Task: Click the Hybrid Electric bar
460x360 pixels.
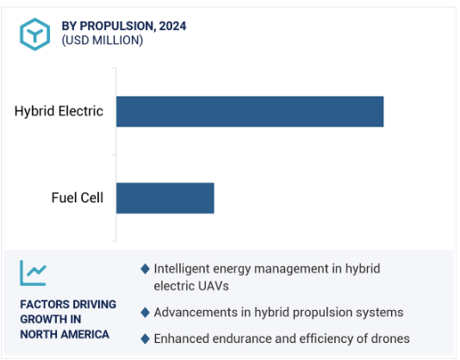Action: [x=250, y=111]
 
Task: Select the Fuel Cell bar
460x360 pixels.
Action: [x=165, y=198]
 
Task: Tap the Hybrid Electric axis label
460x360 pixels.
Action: [x=59, y=111]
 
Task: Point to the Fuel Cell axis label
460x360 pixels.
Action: [x=78, y=197]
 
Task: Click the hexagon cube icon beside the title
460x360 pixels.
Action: [x=35, y=34]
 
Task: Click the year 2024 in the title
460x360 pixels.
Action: [x=172, y=26]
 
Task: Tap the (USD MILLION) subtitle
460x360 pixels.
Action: [x=103, y=40]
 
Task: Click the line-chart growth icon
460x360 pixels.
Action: [x=33, y=273]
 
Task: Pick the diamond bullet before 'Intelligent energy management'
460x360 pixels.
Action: [x=146, y=269]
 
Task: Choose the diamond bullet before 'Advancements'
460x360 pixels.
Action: [x=146, y=313]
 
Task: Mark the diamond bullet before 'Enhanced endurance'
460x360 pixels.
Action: [x=146, y=338]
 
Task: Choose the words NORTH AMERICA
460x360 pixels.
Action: [x=65, y=334]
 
